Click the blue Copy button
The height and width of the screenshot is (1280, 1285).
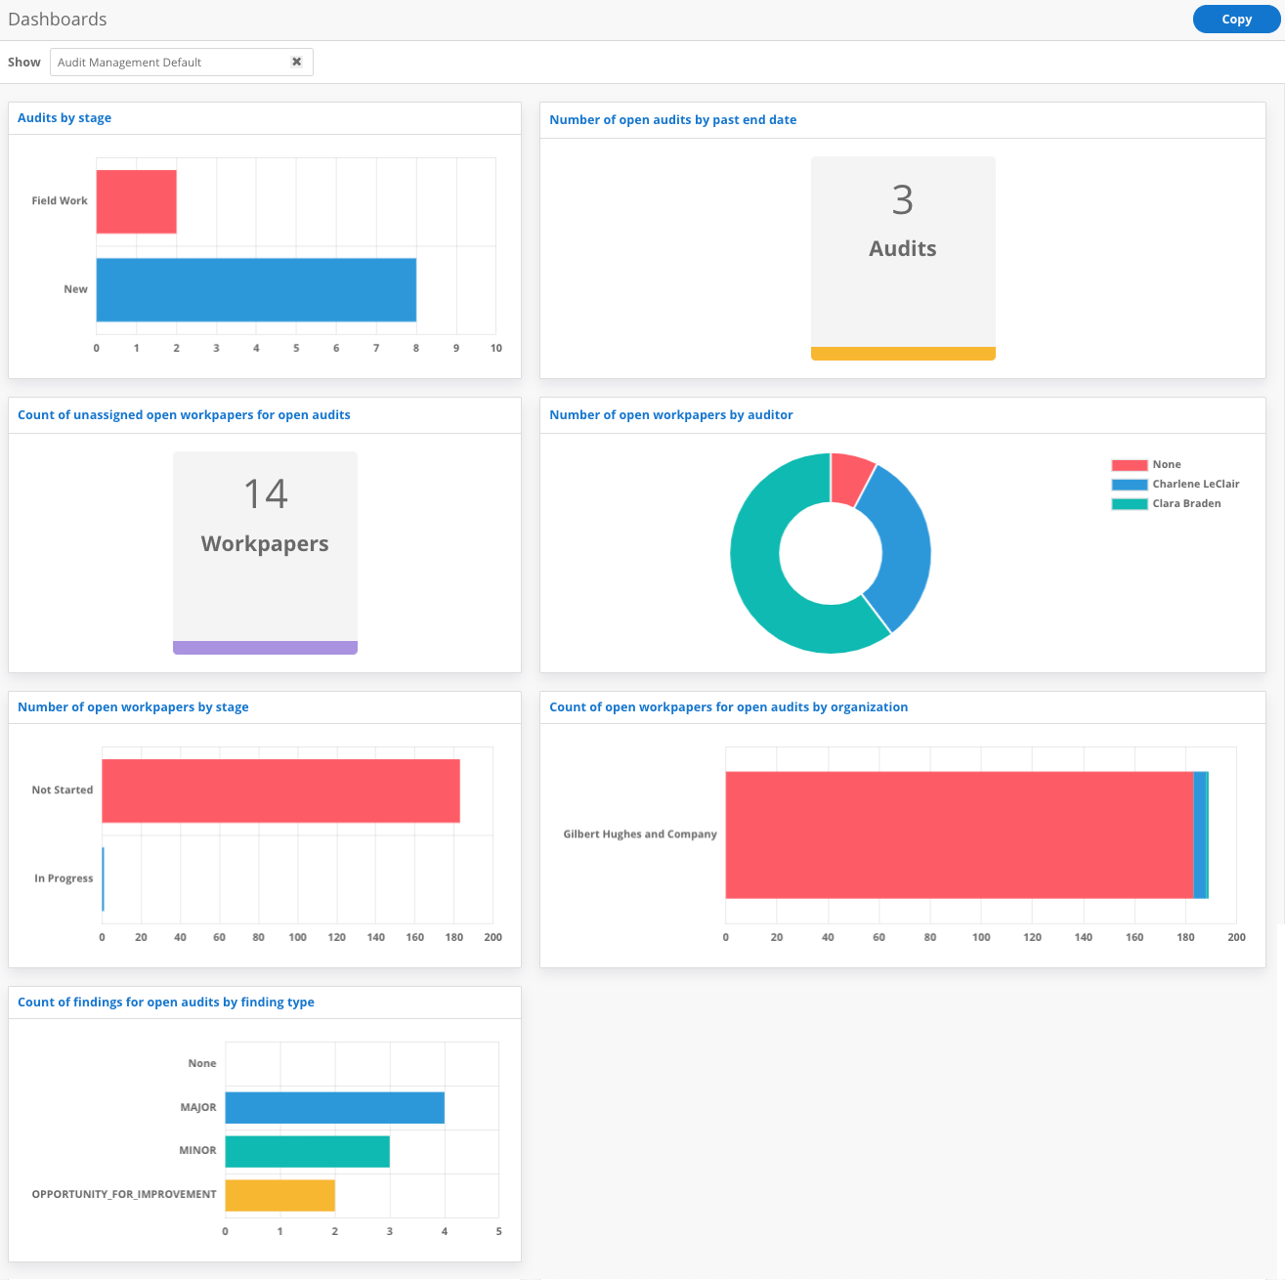(1236, 20)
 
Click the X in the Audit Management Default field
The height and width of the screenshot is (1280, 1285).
(296, 62)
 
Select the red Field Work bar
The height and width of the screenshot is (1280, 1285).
(136, 201)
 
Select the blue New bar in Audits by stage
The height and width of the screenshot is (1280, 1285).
(256, 289)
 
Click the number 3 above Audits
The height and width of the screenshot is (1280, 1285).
(902, 200)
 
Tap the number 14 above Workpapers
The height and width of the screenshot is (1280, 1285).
(265, 494)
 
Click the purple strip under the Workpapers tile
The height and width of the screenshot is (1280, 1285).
(265, 647)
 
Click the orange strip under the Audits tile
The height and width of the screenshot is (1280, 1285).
(902, 354)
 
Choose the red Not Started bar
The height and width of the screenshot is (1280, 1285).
(280, 790)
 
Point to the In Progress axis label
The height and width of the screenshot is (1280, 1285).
(64, 878)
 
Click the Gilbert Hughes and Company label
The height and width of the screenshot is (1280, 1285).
(640, 834)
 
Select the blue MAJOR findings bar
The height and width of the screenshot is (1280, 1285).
(334, 1108)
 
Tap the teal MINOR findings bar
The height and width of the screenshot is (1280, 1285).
(307, 1151)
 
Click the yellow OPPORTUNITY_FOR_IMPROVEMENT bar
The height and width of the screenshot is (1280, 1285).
(279, 1195)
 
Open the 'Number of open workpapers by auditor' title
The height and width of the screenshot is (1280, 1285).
(670, 415)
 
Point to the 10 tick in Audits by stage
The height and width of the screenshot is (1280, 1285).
(495, 349)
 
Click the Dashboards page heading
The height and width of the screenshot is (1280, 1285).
(58, 20)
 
